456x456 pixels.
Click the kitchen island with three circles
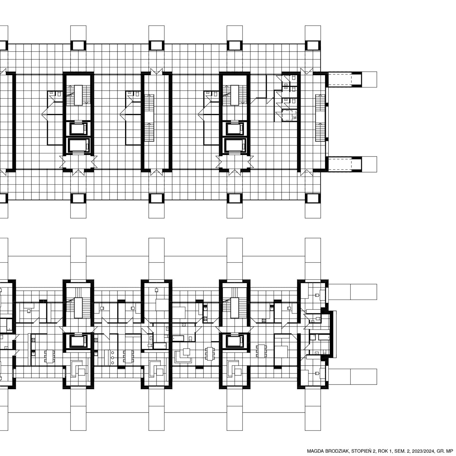(112, 358)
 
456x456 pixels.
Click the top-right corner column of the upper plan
(313, 46)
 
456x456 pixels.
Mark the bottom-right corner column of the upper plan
(313, 198)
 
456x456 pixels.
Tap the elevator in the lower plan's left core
(78, 341)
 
